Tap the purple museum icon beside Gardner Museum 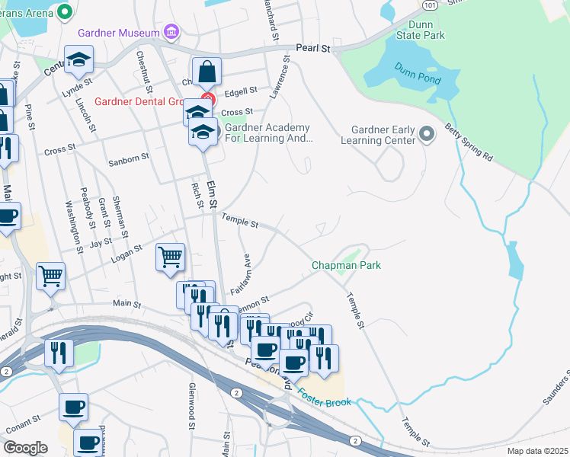coord(172,33)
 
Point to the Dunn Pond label coord(413,71)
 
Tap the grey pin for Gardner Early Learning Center coord(427,135)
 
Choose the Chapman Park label coord(346,265)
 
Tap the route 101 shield coord(430,4)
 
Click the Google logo coord(25,447)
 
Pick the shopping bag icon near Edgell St coord(207,73)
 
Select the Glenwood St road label coord(192,395)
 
